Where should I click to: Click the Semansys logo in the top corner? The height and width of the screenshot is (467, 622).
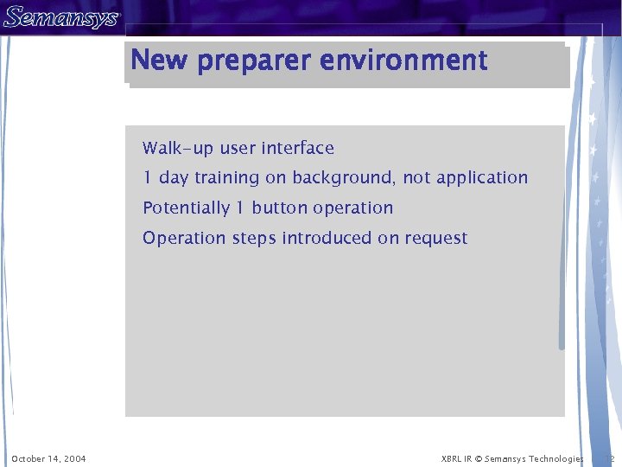(x=60, y=17)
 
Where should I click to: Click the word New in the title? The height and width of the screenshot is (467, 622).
(x=160, y=61)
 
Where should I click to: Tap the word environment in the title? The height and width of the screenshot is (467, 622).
(x=403, y=61)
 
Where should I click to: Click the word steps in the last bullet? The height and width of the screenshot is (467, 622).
(x=254, y=239)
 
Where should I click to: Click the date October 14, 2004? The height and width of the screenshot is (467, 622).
(x=48, y=458)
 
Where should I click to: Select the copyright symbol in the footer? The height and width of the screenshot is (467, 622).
(x=478, y=458)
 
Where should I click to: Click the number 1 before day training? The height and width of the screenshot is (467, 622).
(x=148, y=178)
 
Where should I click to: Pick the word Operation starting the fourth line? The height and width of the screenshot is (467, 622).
(x=184, y=239)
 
